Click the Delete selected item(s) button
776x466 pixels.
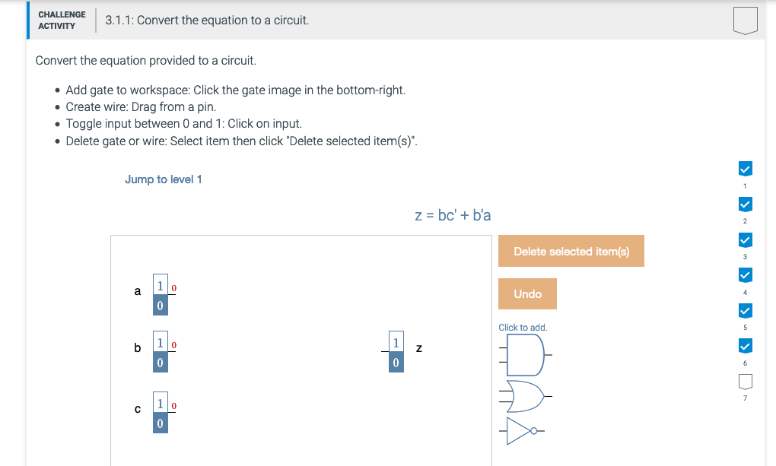point(571,251)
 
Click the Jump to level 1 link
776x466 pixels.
point(163,179)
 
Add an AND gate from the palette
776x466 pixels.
point(525,354)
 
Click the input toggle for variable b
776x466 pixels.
point(160,352)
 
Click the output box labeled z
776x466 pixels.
point(395,352)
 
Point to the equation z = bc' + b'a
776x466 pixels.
point(453,215)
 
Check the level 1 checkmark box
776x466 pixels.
point(746,168)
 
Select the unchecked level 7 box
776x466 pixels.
point(746,379)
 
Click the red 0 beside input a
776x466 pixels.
point(174,289)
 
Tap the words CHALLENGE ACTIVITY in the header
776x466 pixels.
point(62,21)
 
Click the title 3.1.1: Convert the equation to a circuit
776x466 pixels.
point(207,21)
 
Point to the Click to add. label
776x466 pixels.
point(523,328)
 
